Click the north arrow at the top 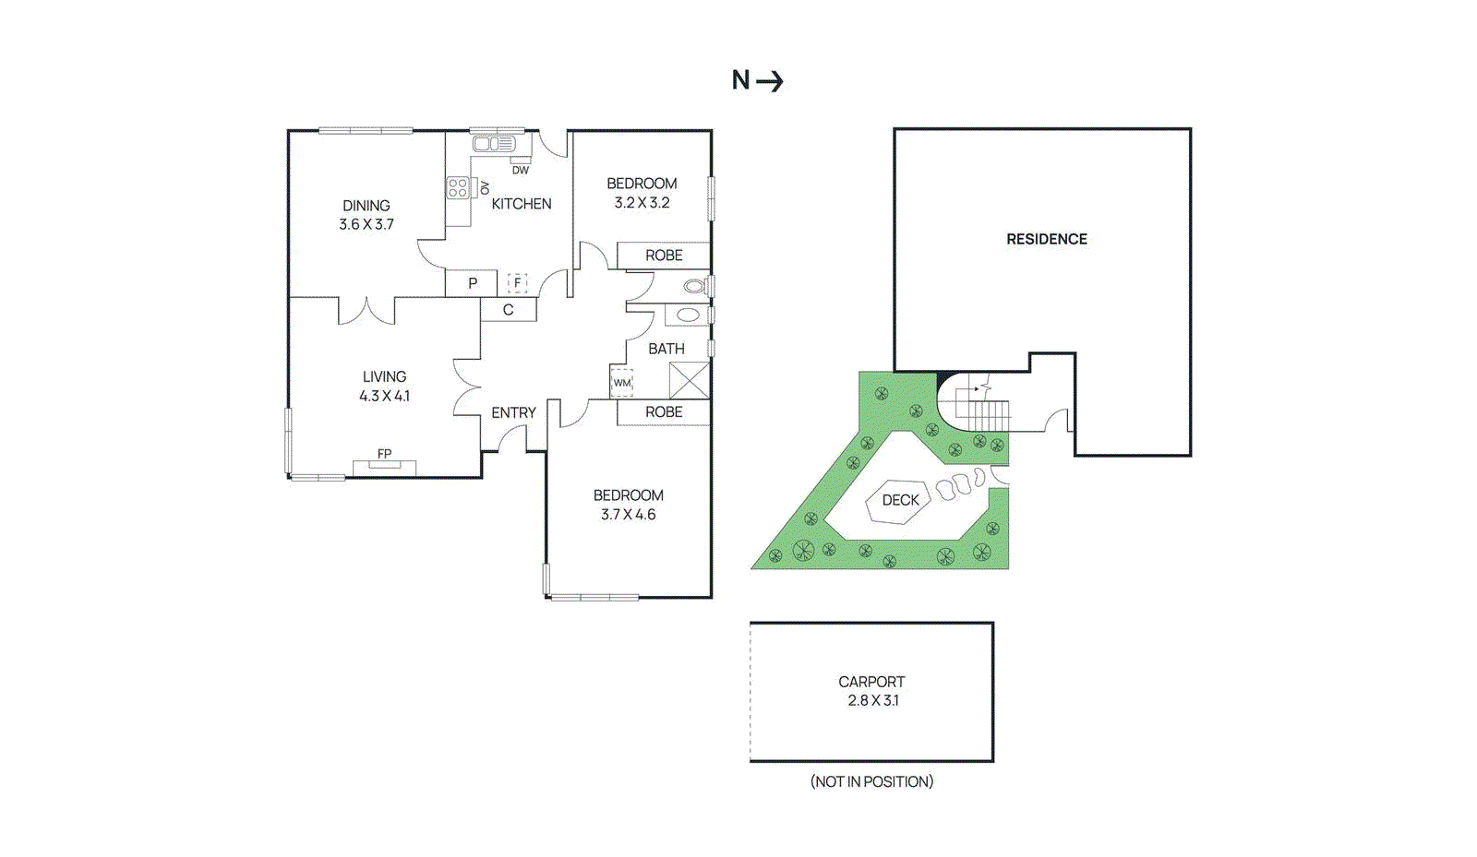pos(768,81)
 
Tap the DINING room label pos(366,206)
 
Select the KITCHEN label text pos(521,204)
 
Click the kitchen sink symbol pos(493,144)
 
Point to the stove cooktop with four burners pos(457,188)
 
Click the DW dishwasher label pos(521,170)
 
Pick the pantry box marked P pos(472,283)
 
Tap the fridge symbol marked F pos(517,283)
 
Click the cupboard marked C pos(508,310)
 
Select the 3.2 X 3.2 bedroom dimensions pos(642,203)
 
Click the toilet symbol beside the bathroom pos(695,286)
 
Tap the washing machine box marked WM pos(622,382)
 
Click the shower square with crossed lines pos(689,380)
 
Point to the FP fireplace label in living pos(384,454)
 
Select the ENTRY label pos(513,412)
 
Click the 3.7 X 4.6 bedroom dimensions pos(628,515)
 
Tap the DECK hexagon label pos(900,500)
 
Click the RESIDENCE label pos(1046,239)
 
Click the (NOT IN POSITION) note pos(871,781)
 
